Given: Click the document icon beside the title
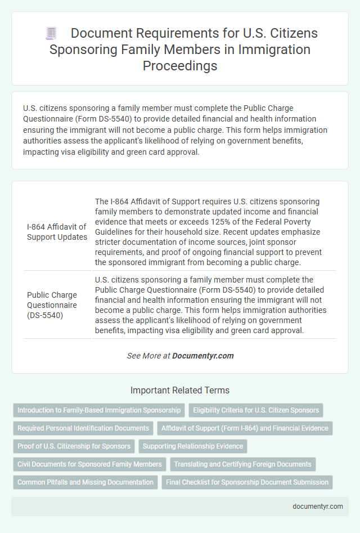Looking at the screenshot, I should pyautogui.click(x=51, y=34).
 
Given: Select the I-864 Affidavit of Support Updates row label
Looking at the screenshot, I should pyautogui.click(x=57, y=232).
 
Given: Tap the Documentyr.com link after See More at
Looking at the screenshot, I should pyautogui.click(x=202, y=356).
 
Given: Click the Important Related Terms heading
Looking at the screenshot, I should pyautogui.click(x=179, y=390).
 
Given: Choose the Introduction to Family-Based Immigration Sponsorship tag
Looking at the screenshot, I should pyautogui.click(x=99, y=410).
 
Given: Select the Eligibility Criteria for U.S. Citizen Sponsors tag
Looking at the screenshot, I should pyautogui.click(x=256, y=410).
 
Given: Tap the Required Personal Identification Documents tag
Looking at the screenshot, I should pyautogui.click(x=83, y=428).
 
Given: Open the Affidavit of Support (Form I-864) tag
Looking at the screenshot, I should pyautogui.click(x=245, y=428).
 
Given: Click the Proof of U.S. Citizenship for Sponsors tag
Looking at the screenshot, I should pyautogui.click(x=74, y=446).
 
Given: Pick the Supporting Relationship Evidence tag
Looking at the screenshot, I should pyautogui.click(x=193, y=446).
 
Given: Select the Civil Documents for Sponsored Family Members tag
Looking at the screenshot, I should pyautogui.click(x=89, y=464).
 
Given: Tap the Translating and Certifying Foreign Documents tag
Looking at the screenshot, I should pyautogui.click(x=242, y=464).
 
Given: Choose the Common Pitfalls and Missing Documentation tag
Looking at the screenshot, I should pyautogui.click(x=85, y=482).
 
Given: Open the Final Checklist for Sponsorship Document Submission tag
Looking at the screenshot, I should pyautogui.click(x=247, y=482).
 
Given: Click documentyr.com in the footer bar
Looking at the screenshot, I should pyautogui.click(x=318, y=506).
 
